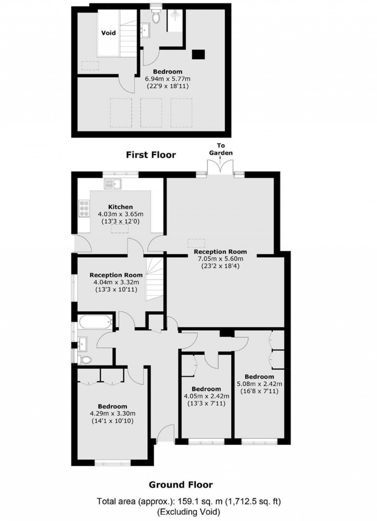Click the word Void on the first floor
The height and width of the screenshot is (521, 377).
coord(109,33)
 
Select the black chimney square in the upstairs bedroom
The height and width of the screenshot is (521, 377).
coord(198,54)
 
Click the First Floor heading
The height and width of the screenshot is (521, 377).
coord(151,155)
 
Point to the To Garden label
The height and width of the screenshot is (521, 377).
coord(221,149)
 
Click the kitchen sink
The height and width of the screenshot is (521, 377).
coord(113,183)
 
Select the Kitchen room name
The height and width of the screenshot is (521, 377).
coord(120,207)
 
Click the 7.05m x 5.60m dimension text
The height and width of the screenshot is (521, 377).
coord(220,259)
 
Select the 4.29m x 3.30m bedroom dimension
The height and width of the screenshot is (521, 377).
coord(113,414)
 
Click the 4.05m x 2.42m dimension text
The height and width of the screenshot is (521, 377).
coord(206,396)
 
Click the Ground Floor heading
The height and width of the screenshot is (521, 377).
coord(180,485)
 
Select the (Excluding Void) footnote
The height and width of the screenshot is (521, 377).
coord(188,511)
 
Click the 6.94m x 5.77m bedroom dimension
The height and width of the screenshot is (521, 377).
coord(168,79)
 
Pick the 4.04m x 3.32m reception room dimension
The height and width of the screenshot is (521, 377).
coord(116,282)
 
